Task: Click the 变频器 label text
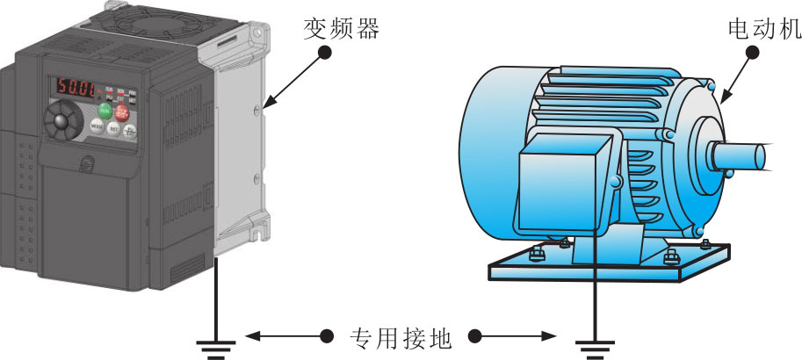(341, 29)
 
